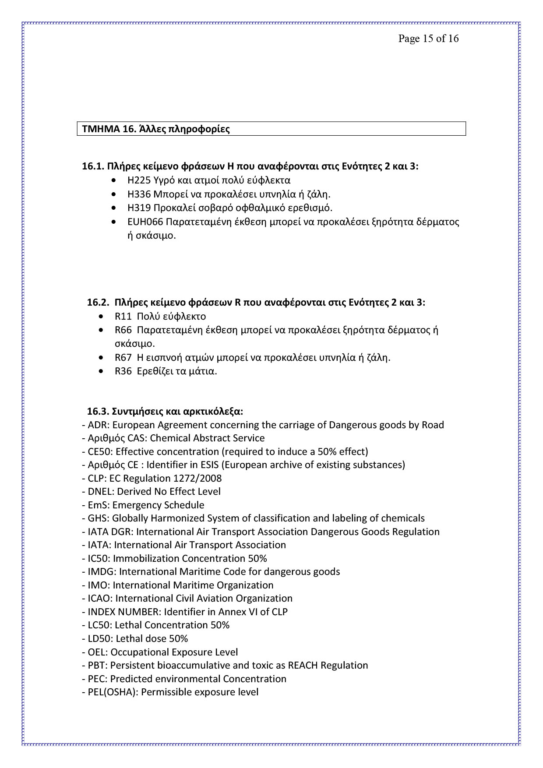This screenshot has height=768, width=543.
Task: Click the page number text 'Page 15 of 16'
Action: [428, 39]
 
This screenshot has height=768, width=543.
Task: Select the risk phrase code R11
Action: [123, 316]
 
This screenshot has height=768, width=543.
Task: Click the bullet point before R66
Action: [102, 330]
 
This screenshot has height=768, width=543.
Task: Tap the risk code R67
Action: [123, 357]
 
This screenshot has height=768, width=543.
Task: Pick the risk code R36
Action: [123, 371]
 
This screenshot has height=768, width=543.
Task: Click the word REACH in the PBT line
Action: [303, 665]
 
